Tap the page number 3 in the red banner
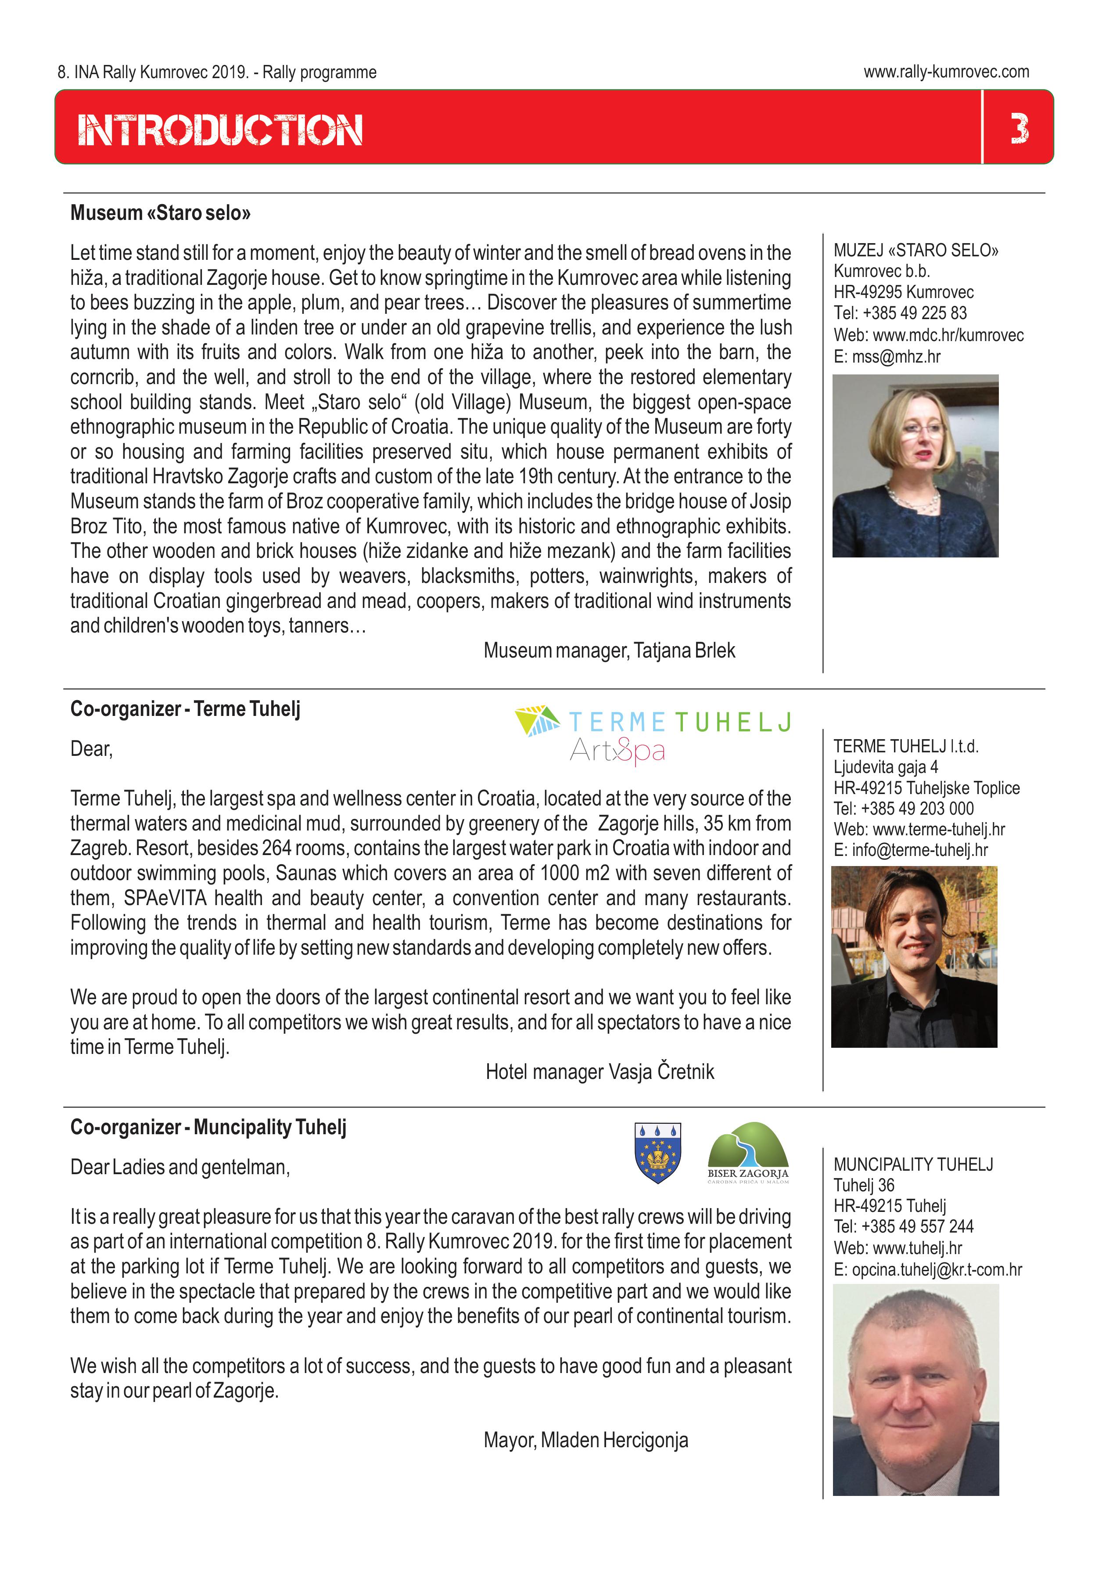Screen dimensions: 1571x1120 tap(1019, 129)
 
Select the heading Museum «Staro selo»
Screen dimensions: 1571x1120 tap(160, 212)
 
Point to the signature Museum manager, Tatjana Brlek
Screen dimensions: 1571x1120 tap(609, 651)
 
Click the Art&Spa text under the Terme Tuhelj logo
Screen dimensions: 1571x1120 tap(617, 750)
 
